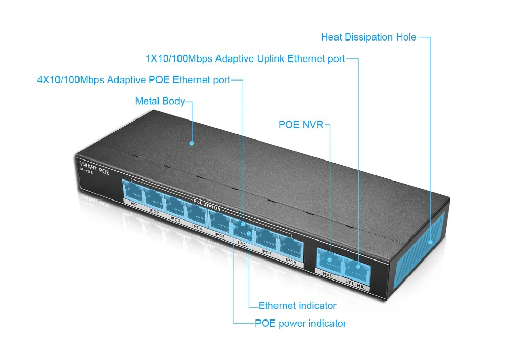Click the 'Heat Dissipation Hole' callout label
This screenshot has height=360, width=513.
(368, 37)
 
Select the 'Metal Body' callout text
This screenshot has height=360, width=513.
(160, 101)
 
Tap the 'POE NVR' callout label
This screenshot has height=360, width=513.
(301, 125)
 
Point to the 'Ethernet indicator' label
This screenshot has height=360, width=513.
(297, 306)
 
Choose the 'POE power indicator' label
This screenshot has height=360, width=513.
(300, 324)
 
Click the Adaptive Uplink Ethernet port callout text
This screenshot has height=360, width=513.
(245, 59)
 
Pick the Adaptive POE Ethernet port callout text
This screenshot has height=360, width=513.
(133, 80)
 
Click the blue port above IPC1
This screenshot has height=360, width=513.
(132, 193)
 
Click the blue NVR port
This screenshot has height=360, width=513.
(328, 261)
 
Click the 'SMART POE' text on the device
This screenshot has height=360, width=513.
(94, 168)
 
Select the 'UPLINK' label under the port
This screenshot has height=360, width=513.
(356, 284)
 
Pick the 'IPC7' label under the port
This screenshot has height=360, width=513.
(266, 252)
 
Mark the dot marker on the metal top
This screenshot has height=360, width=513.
(192, 143)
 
